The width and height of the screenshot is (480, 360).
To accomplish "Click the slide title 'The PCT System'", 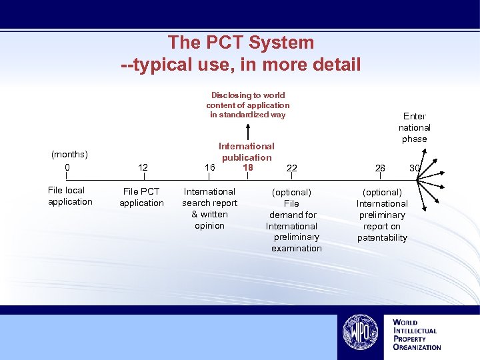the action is (x=241, y=43).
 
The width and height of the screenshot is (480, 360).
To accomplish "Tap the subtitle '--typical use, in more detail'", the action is (x=241, y=65).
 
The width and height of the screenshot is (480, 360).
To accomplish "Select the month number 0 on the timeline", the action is (x=67, y=167).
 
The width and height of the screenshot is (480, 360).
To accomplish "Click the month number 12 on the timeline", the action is (x=143, y=167).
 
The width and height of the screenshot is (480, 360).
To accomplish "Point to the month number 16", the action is (x=210, y=167).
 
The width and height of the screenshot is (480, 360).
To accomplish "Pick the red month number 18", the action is (x=248, y=167).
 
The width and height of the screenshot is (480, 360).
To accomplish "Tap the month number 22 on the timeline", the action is (x=292, y=168).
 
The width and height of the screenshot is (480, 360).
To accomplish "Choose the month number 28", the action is (x=380, y=168).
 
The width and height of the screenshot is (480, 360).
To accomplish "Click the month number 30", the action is (x=414, y=168).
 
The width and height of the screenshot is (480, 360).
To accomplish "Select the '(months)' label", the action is (x=69, y=155).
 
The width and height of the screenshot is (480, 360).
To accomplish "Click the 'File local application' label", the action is (x=70, y=196).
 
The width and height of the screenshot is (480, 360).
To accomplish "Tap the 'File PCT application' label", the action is (x=141, y=197).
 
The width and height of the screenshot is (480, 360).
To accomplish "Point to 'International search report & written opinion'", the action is (x=209, y=209).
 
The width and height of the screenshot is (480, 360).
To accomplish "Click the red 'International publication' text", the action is (x=247, y=151).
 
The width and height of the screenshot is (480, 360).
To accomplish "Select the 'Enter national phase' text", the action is (x=415, y=127).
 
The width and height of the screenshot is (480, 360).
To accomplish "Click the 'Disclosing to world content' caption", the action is (x=248, y=105).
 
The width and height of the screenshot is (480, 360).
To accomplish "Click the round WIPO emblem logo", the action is (x=361, y=332).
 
